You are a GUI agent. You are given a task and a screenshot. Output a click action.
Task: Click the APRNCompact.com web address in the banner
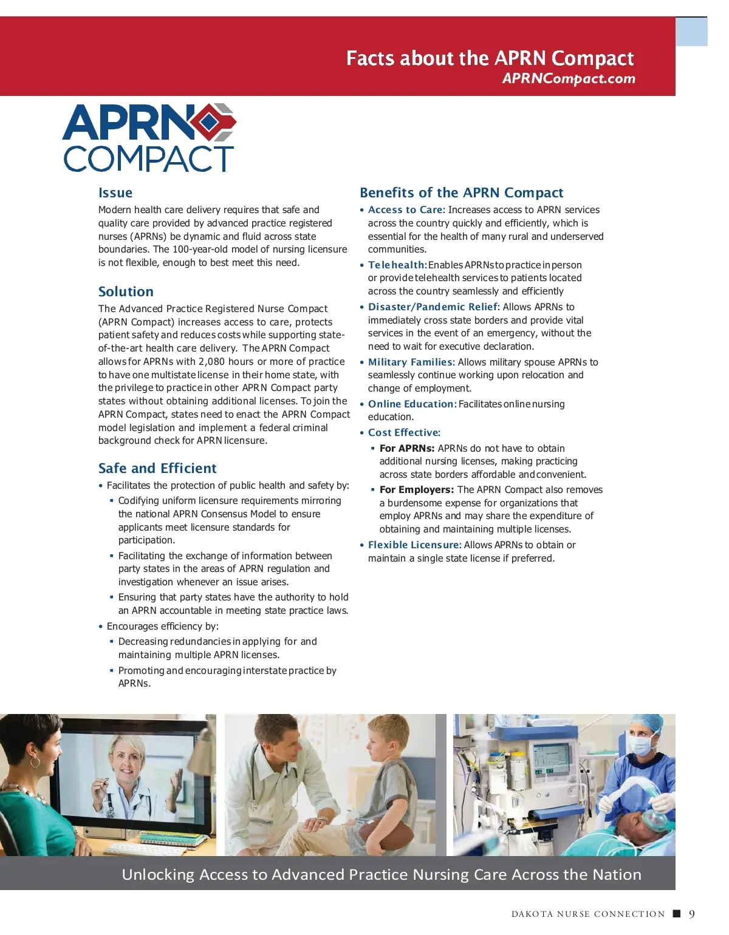tap(569, 78)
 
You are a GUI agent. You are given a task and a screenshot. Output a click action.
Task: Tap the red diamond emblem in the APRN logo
tap(209, 122)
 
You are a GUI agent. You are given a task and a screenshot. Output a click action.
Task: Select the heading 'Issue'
tap(115, 193)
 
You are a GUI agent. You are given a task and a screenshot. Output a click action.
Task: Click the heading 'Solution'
tap(126, 291)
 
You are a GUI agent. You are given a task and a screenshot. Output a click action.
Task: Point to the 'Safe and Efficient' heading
tap(157, 468)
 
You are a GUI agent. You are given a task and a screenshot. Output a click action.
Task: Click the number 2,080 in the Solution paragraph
tap(211, 361)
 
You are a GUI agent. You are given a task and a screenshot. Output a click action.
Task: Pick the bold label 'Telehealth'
tap(396, 265)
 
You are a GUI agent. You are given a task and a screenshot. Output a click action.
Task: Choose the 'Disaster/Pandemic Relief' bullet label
tap(433, 307)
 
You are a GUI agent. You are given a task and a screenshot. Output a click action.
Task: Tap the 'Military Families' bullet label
tap(411, 362)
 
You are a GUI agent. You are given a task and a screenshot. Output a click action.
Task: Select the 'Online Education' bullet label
tap(411, 404)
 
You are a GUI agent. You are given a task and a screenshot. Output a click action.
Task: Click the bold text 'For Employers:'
tap(416, 489)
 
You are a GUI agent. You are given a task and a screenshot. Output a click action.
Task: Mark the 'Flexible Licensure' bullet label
tap(414, 545)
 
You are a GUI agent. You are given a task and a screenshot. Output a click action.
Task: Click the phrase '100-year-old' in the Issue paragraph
tap(201, 249)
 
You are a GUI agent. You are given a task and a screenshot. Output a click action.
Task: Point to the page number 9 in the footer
tap(691, 914)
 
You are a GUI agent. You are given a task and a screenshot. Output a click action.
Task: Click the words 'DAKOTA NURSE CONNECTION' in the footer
tap(588, 914)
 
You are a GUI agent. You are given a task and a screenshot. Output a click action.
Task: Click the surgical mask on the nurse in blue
tap(642, 745)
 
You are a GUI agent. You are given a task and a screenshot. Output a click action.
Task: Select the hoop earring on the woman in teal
tap(35, 761)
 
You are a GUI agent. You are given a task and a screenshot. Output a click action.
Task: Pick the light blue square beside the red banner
tap(691, 32)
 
